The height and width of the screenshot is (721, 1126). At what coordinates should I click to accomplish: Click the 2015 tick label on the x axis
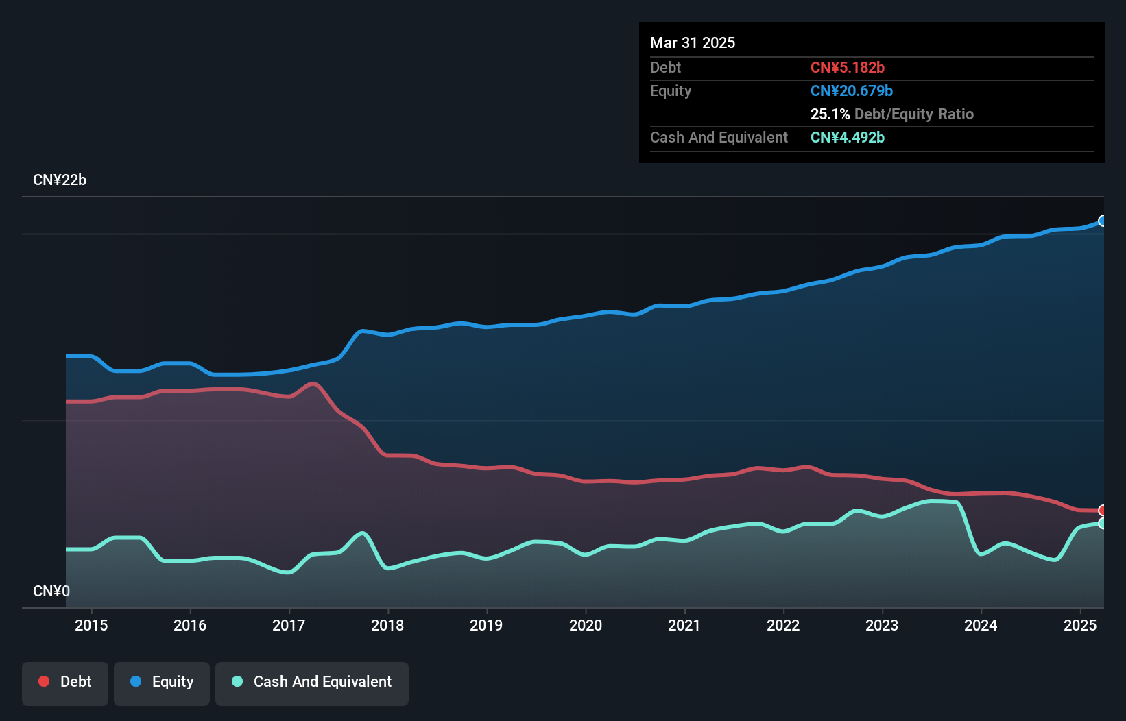tap(91, 625)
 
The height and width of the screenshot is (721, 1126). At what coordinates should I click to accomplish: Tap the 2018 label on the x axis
tap(387, 625)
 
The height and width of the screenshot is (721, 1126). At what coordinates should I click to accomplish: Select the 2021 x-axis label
tap(684, 625)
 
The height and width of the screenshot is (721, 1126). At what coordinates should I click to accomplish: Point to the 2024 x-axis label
tap(981, 625)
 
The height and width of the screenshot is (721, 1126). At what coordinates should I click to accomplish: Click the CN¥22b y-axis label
tap(60, 180)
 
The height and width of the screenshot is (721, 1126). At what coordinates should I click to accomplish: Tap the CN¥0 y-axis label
tap(51, 591)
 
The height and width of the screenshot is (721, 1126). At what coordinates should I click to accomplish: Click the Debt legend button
tap(65, 682)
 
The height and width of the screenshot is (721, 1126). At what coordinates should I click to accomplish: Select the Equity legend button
tap(162, 682)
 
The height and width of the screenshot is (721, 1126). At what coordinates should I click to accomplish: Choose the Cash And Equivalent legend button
tap(312, 682)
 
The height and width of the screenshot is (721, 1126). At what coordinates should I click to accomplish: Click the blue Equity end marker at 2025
tap(1103, 221)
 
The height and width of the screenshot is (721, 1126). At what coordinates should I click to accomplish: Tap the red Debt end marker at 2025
tap(1103, 510)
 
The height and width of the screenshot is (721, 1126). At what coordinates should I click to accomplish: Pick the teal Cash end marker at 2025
tap(1103, 523)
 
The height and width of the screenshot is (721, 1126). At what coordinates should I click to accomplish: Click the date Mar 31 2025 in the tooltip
tap(693, 42)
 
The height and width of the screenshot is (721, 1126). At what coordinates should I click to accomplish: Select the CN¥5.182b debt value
tap(847, 67)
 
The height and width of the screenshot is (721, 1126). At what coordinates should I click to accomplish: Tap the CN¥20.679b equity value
tap(851, 90)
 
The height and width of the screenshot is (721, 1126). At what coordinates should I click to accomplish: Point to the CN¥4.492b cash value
tap(847, 137)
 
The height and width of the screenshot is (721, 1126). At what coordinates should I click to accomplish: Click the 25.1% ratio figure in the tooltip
tap(830, 114)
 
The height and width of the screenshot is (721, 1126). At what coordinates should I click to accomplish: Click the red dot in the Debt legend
tap(44, 681)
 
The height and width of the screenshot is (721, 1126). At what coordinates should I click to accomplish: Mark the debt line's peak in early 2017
tap(313, 384)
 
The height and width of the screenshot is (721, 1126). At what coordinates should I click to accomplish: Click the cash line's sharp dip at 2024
tap(981, 554)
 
